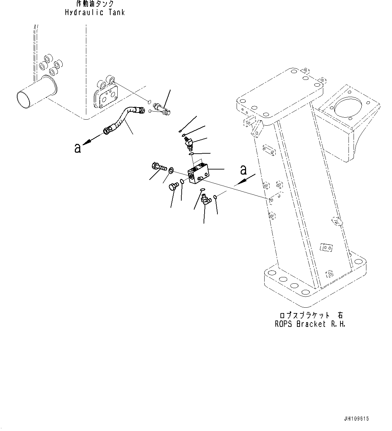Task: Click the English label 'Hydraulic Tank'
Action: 95,12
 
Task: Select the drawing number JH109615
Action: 356,419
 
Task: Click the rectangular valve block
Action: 199,174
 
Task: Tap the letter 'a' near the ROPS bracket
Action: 243,170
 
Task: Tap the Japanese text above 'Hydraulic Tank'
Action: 95,4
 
